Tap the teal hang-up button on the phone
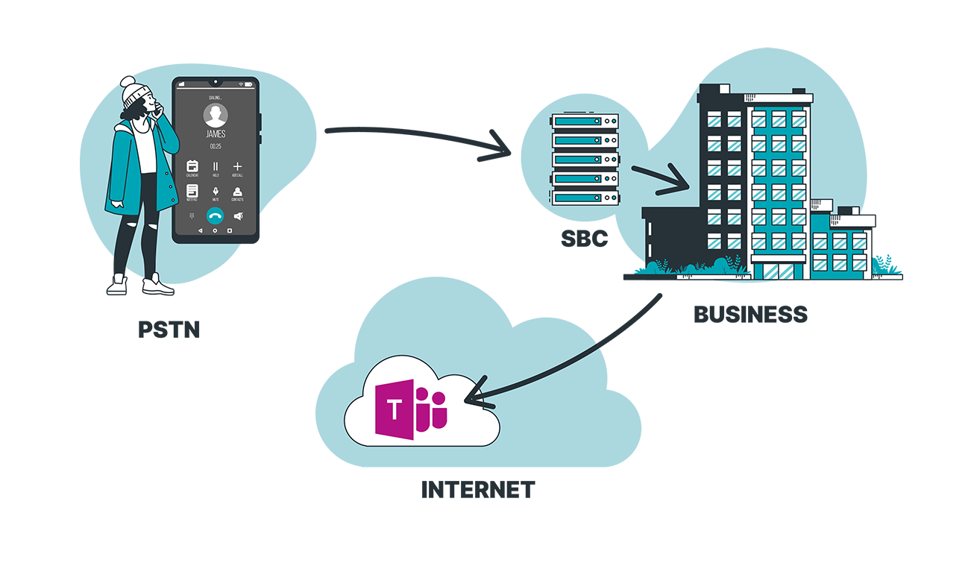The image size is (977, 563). pos(215,216)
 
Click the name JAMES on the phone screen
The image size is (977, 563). pos(215,134)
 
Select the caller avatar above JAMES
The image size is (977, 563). pos(216,115)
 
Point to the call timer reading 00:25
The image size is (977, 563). pos(215,147)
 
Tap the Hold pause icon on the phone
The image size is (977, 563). pos(215,166)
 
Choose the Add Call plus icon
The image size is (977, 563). pos(237,166)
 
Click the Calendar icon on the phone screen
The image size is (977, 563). pos(192,166)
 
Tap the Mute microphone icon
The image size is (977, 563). pos(215,192)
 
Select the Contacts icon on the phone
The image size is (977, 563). pos(237,192)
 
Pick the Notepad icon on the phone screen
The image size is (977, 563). pos(192,192)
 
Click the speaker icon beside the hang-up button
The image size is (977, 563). pos(238,216)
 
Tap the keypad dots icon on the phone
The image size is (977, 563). pos(192,216)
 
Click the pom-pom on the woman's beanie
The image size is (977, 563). pos(128,81)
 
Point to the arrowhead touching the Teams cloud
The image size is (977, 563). pos(470,397)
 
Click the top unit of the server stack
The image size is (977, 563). pos(585,120)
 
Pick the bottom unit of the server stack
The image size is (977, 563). pos(585,198)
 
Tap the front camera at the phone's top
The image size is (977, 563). pos(215,81)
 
